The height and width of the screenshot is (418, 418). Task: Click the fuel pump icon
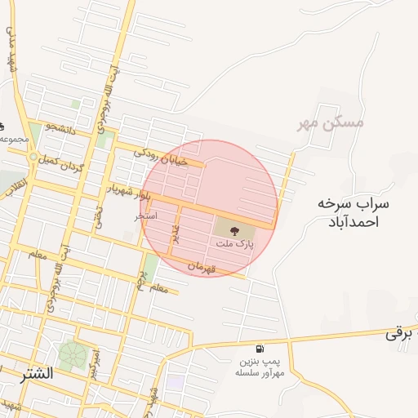pos(260,349)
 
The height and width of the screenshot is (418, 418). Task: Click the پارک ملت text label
pos(235,243)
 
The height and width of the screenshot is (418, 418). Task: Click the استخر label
pos(146,217)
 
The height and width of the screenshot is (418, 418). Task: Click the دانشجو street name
pos(62,127)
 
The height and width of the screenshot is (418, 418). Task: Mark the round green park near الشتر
pos(73,355)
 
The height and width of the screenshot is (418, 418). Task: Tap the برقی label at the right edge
pos(397,333)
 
